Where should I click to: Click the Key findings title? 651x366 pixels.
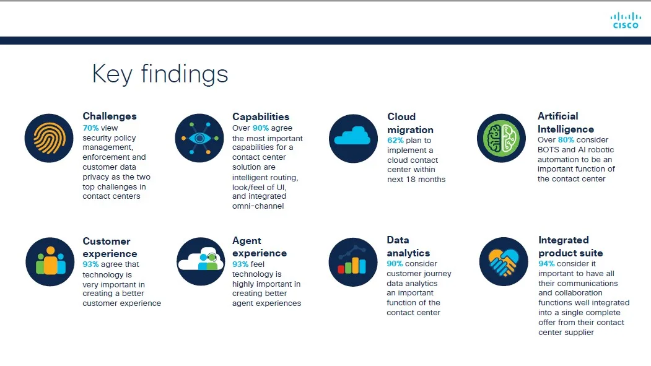tap(160, 74)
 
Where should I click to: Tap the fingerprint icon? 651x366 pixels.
tap(49, 138)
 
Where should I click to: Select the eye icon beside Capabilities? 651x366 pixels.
tap(199, 137)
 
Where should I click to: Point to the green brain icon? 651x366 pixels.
tap(502, 137)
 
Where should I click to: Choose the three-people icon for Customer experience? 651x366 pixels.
tap(50, 262)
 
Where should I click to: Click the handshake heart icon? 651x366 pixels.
tap(504, 261)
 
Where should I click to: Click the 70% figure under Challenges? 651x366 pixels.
tap(90, 128)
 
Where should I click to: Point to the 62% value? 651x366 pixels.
tap(395, 140)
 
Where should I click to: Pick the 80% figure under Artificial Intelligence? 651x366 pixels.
tap(566, 139)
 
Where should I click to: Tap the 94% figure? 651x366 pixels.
tap(546, 263)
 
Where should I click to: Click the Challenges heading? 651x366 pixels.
tap(110, 116)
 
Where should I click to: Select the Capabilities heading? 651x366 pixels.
tap(261, 116)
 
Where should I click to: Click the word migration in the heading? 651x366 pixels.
tap(410, 130)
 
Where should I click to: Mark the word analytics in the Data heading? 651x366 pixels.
tap(408, 253)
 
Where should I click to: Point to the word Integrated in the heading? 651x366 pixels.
tap(564, 240)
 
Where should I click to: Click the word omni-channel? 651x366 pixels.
tap(258, 206)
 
